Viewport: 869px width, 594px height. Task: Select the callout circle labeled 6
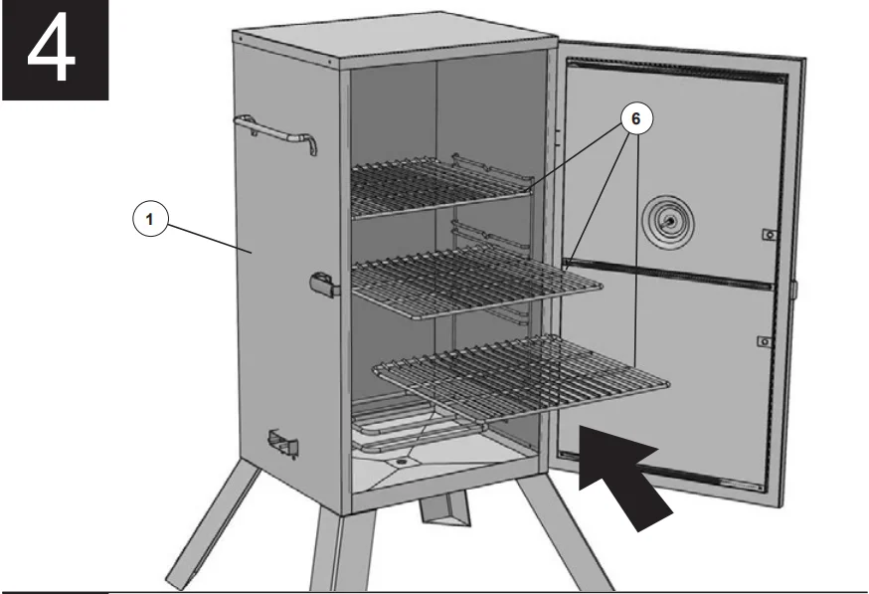coord(636,117)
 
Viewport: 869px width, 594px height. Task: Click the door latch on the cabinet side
coord(324,286)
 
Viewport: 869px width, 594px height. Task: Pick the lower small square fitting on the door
coord(764,341)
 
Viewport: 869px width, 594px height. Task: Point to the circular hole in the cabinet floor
coord(401,464)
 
